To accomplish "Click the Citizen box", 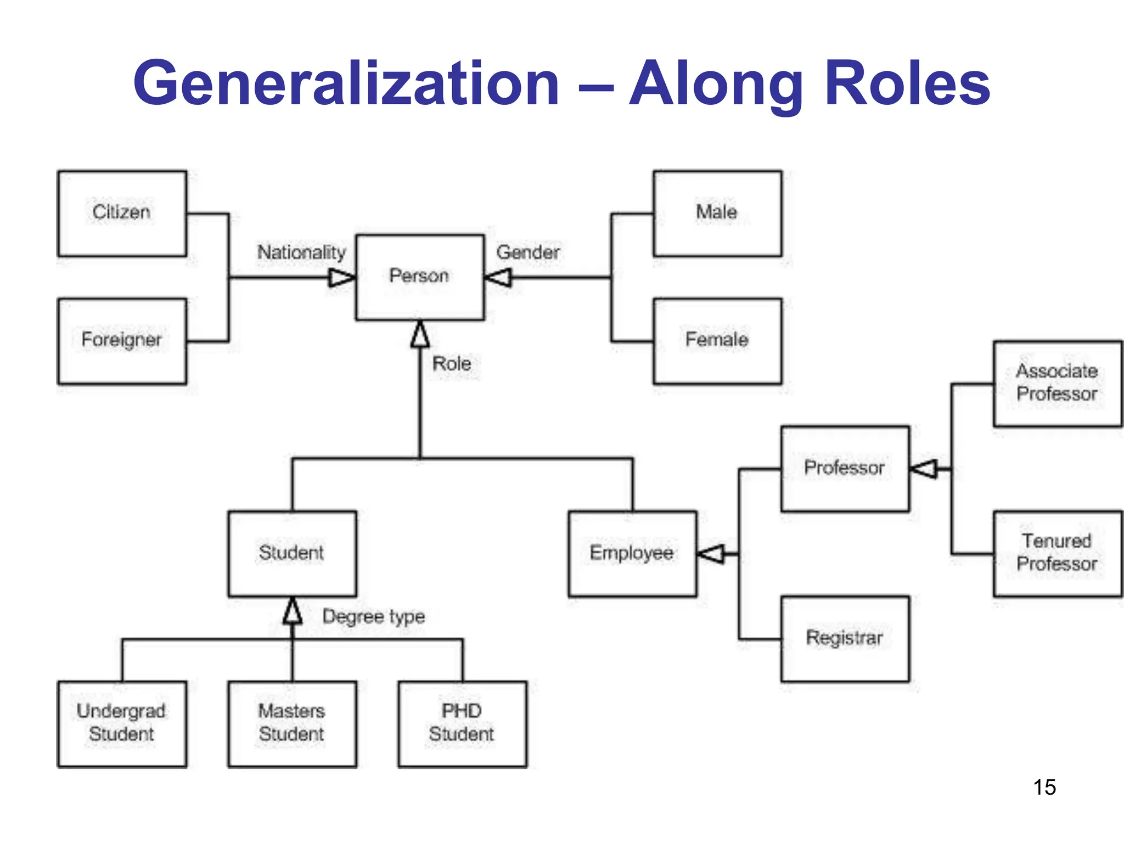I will click(122, 213).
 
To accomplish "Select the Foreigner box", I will click(122, 341).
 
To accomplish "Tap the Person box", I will click(420, 277).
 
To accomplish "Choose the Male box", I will click(717, 213).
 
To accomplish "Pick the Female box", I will click(717, 341).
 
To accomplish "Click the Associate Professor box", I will click(1057, 383).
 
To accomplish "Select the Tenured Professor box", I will click(1057, 553).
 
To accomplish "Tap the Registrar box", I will click(845, 639).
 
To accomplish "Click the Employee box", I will click(632, 553).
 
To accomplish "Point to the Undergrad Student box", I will click(122, 723).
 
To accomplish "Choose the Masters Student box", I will click(292, 723).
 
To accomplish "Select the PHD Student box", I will click(462, 723).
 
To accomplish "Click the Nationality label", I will click(301, 252).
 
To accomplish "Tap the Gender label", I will click(528, 252).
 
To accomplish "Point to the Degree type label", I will click(373, 616).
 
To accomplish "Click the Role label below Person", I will click(451, 363).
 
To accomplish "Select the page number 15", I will click(1044, 787).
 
